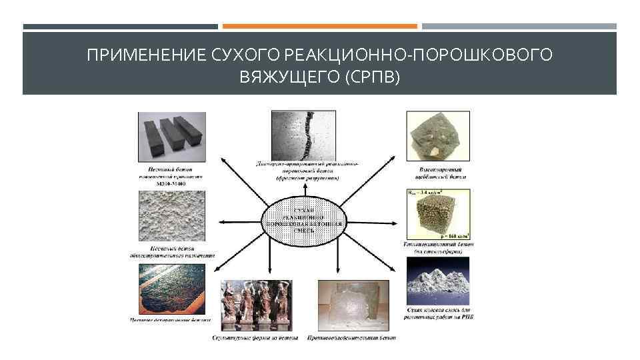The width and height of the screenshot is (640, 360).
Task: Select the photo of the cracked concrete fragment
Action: [304, 134]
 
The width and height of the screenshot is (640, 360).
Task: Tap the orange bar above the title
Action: [319, 27]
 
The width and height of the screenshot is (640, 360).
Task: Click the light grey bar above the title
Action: [519, 27]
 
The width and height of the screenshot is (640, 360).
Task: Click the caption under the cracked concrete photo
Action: [307, 170]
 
